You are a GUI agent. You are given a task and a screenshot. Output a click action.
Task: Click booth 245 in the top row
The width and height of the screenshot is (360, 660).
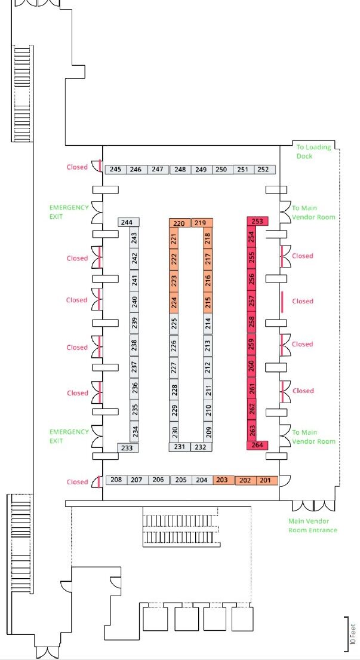coord(115,170)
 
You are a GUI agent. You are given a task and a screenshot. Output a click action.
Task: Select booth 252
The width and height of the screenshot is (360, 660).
coord(263,170)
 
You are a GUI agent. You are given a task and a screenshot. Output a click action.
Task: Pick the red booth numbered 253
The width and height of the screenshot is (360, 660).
coord(257,221)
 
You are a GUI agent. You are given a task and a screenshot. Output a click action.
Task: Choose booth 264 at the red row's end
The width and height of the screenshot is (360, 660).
coord(257,445)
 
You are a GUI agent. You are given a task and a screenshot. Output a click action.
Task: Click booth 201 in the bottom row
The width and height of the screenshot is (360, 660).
coord(266,480)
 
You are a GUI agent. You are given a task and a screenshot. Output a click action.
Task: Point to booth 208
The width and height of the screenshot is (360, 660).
coord(116,480)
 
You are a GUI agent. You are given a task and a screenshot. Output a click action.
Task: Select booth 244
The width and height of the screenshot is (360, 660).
coord(127,222)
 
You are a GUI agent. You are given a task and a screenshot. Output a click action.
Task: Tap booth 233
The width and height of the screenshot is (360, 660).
coord(127,447)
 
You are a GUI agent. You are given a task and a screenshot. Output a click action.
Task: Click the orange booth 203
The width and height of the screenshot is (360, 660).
coord(221,480)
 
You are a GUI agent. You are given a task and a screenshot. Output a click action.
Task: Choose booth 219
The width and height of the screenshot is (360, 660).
coord(200,223)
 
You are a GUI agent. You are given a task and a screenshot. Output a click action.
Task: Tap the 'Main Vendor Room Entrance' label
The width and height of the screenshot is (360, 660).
coord(312,526)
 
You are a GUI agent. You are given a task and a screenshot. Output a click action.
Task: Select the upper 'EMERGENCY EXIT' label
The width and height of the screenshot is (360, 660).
coord(69,212)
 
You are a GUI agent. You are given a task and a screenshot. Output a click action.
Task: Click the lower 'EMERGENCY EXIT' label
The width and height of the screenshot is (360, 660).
coord(69,436)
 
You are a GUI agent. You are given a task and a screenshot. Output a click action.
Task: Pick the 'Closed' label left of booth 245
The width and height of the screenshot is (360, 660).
coord(77,167)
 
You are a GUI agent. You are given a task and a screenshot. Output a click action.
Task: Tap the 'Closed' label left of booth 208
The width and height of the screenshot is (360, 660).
coord(77,482)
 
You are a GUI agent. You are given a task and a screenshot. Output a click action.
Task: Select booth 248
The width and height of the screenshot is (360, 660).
coord(180,170)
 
